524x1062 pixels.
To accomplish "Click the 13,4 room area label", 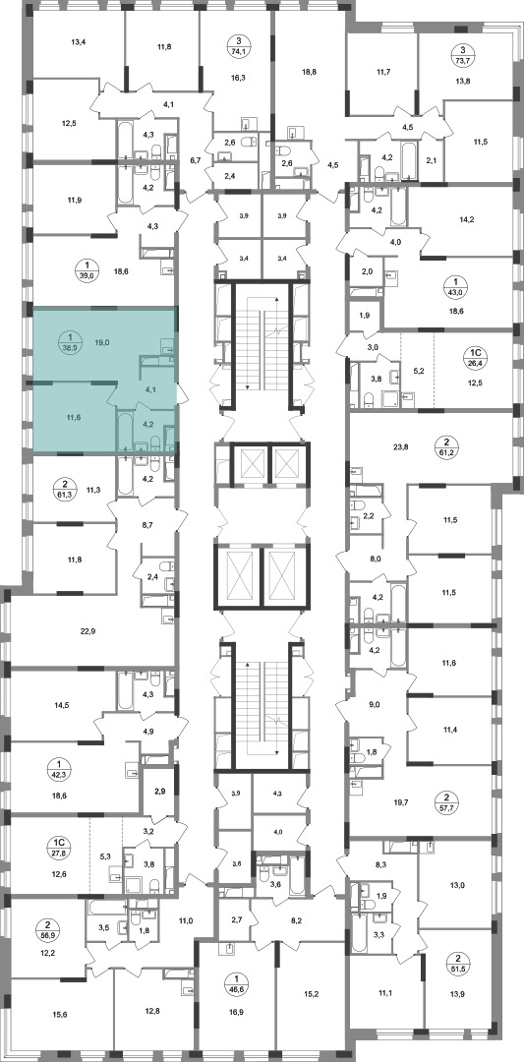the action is tap(80, 41).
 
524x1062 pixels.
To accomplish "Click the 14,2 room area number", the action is tap(468, 218).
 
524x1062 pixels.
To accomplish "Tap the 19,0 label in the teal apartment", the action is tap(104, 343).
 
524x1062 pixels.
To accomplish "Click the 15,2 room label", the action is tap(310, 992).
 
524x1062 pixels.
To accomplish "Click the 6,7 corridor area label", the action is tap(196, 160).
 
